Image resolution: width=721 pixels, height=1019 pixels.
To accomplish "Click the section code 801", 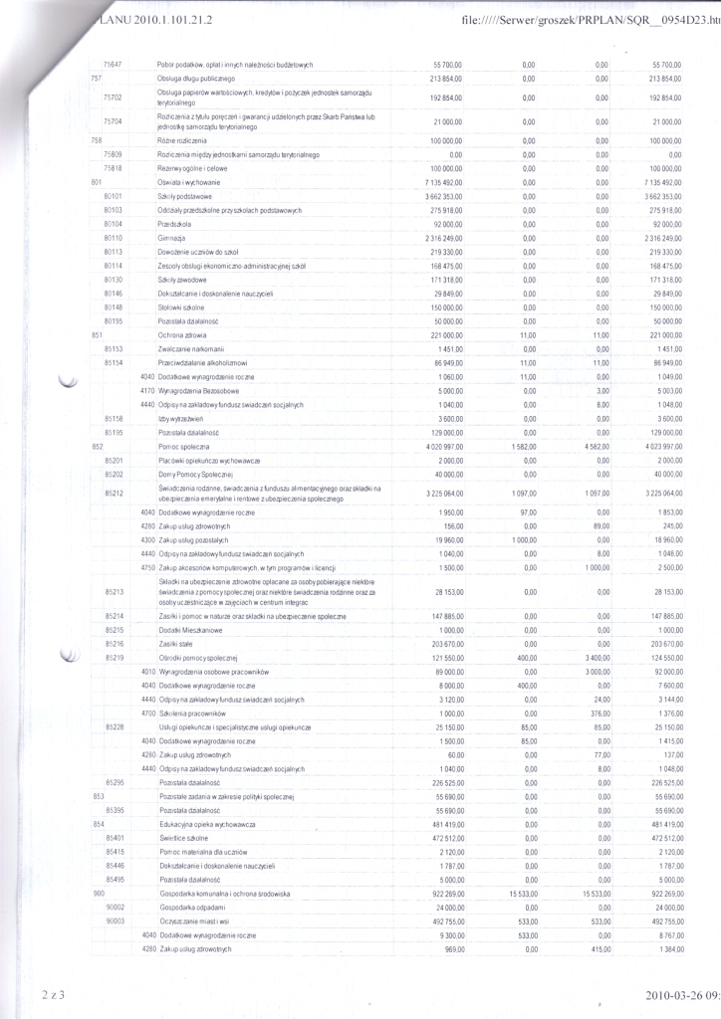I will (x=97, y=183).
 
